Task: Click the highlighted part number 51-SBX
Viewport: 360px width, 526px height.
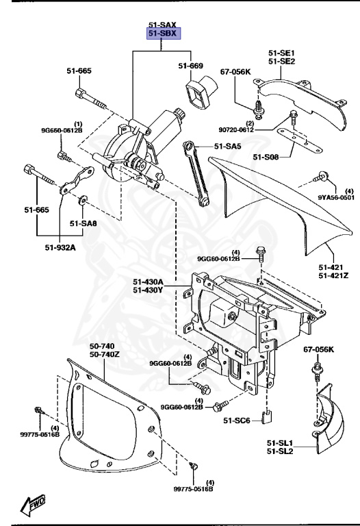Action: (x=160, y=34)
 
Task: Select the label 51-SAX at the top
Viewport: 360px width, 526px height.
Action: (x=160, y=25)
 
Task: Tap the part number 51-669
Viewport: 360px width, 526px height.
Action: (x=192, y=66)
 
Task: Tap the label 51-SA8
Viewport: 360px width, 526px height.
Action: (x=83, y=223)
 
